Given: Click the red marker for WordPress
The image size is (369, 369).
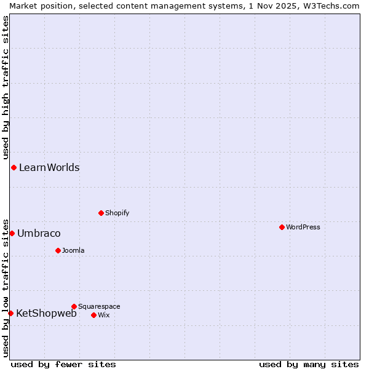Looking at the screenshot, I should [282, 227].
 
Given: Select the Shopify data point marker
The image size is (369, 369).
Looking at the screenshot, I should [101, 213].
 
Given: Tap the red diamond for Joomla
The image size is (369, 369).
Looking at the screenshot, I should [58, 250].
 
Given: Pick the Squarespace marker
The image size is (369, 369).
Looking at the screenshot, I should [74, 306].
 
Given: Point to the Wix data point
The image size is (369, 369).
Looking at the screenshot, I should [93, 315].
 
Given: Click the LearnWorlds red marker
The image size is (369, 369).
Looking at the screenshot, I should [14, 167].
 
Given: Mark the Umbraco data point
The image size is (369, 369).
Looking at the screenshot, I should [12, 233].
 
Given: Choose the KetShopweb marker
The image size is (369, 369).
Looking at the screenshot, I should [10, 313].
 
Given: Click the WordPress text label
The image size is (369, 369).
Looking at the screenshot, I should [303, 227].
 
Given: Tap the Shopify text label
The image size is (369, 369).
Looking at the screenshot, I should [117, 213].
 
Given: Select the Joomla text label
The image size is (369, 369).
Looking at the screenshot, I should [73, 250].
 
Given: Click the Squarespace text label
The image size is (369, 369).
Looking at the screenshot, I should [99, 306].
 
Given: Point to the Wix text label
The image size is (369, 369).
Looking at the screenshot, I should [104, 315].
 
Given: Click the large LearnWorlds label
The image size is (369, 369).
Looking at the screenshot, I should [49, 167].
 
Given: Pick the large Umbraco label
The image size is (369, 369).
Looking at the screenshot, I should [39, 233].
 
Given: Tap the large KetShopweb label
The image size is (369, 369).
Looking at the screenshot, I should [46, 313].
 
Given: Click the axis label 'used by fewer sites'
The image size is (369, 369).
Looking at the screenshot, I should [63, 364].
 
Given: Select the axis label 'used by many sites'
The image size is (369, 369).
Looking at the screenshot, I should [309, 364].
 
